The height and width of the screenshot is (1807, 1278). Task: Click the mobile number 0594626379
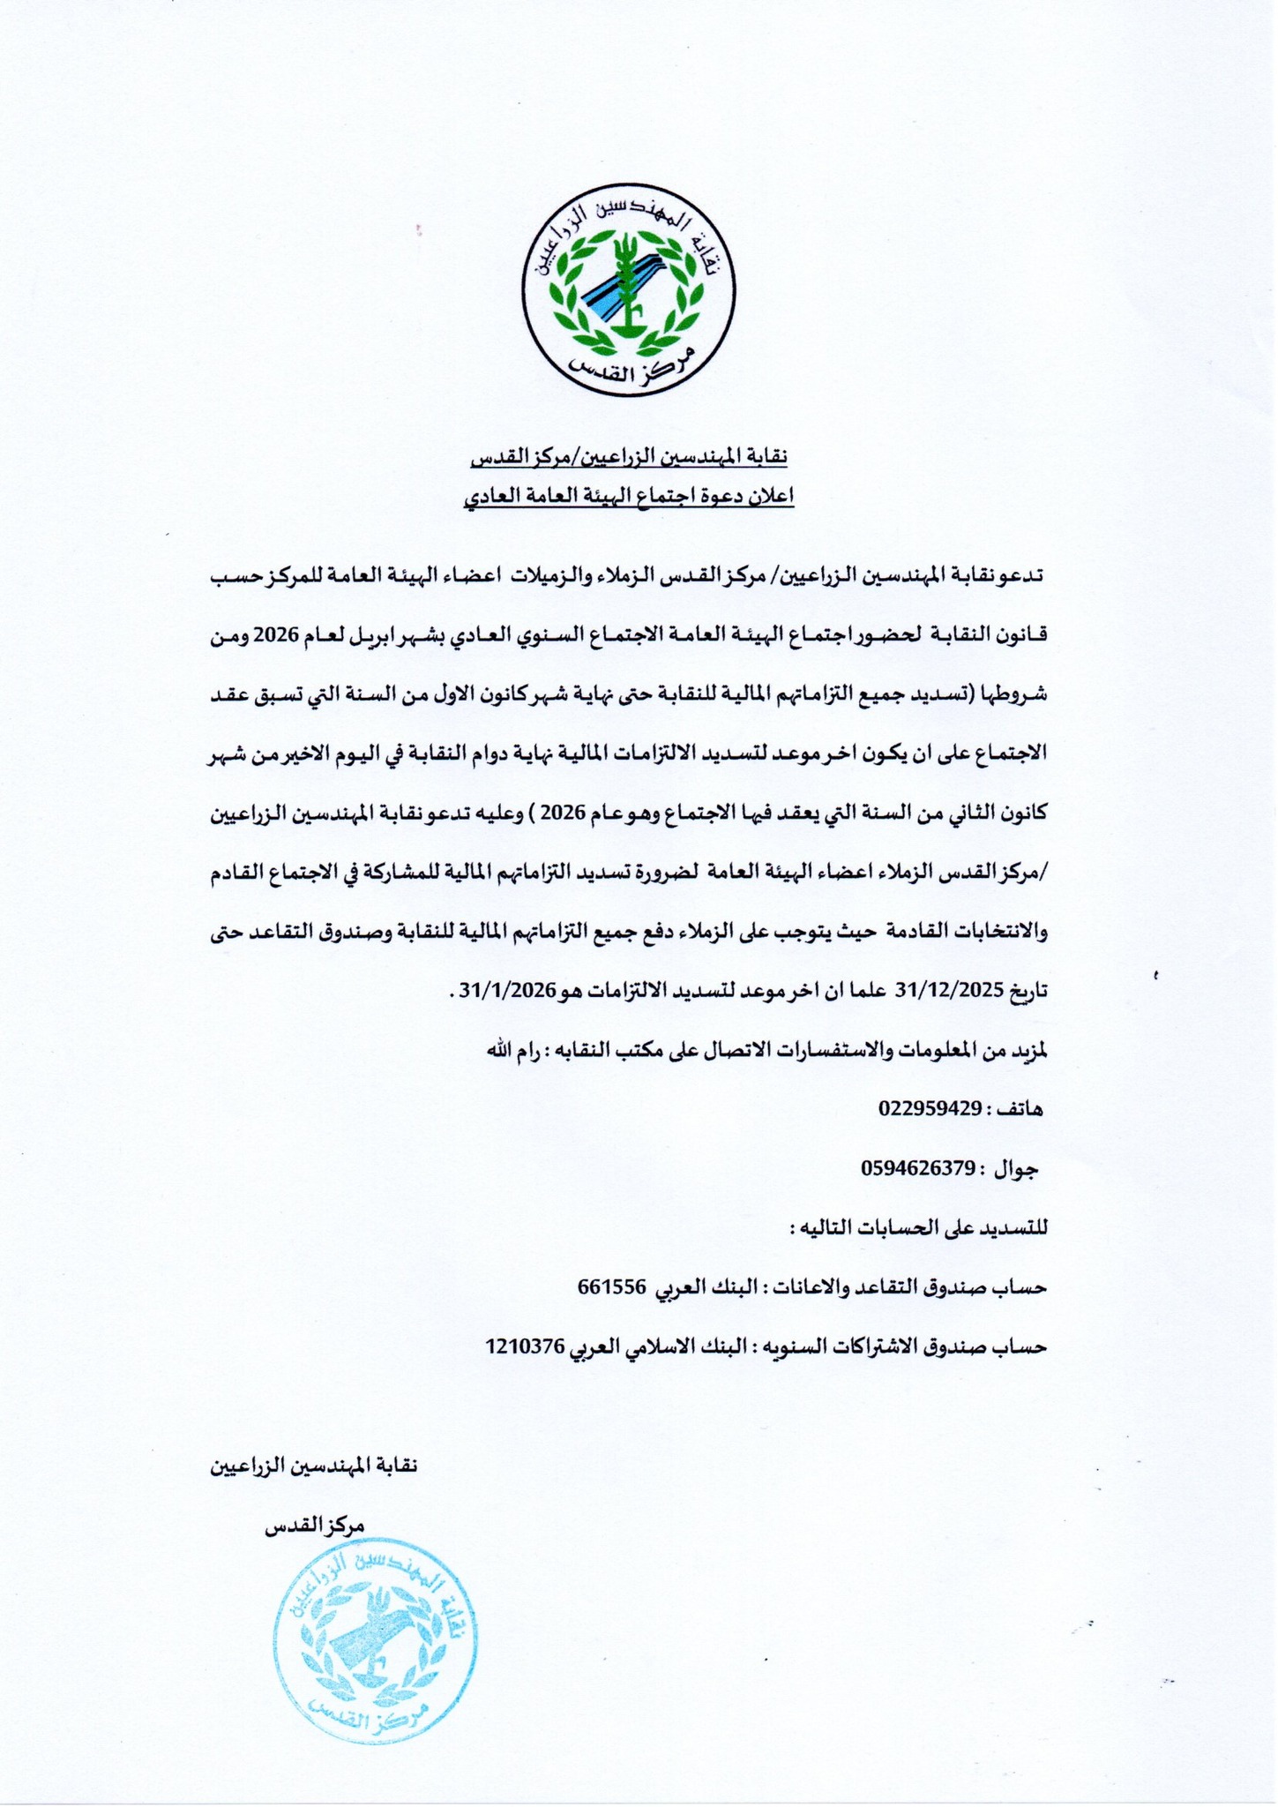click(x=917, y=1169)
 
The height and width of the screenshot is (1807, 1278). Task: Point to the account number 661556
click(x=613, y=1286)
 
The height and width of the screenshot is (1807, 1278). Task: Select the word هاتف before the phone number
click(x=1020, y=1110)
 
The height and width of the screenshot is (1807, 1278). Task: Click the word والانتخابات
click(x=995, y=930)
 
